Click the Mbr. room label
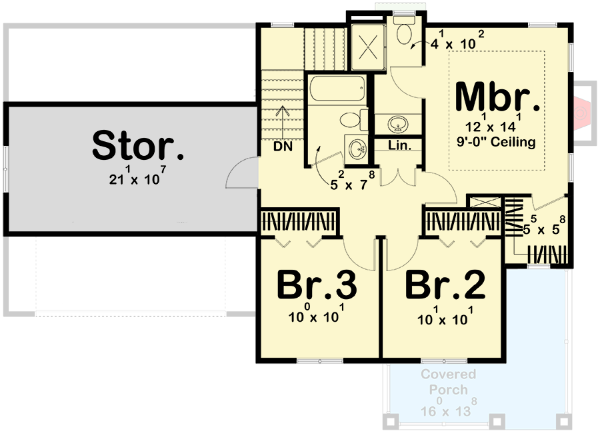(498, 98)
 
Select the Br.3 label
(317, 286)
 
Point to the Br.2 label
(445, 286)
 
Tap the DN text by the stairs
(283, 147)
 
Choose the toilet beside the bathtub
(351, 121)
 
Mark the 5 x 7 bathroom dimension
(354, 185)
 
